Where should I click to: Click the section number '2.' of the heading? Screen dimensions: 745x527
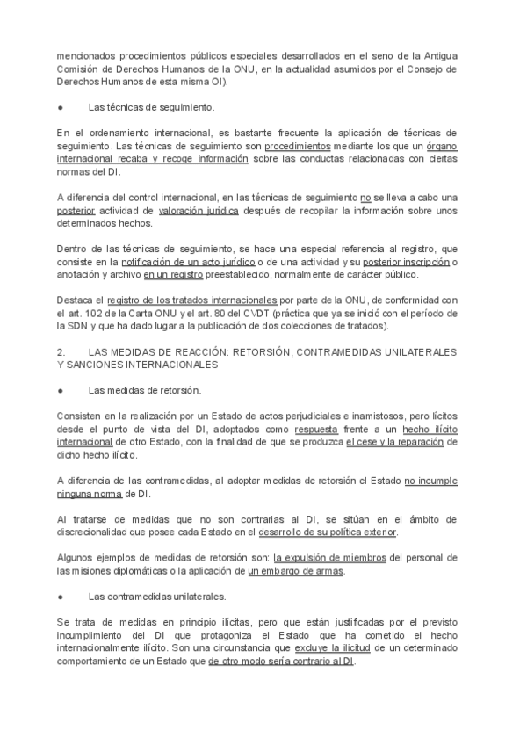pyautogui.click(x=61, y=351)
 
